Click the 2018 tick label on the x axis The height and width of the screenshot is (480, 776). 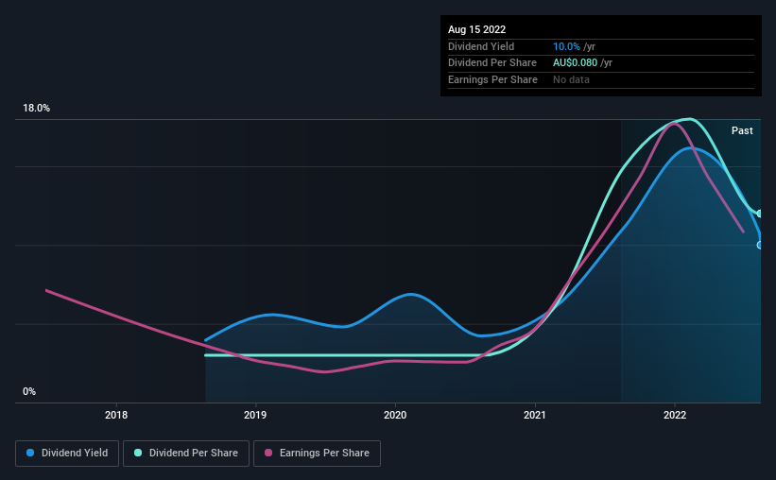(x=116, y=415)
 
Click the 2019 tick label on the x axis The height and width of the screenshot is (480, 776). (x=255, y=415)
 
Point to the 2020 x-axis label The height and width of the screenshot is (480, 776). (x=395, y=415)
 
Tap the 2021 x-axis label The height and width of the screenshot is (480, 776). (x=535, y=415)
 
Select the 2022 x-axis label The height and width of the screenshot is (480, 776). (x=675, y=415)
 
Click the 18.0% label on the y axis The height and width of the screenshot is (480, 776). (x=37, y=109)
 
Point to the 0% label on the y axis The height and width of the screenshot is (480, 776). (x=29, y=391)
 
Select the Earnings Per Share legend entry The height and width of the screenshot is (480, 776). (x=317, y=454)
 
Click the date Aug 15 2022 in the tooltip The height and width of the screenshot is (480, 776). (x=476, y=29)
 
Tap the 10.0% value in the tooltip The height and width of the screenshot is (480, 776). (x=568, y=46)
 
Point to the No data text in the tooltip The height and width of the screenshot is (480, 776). (x=571, y=80)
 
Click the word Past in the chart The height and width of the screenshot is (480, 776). (x=742, y=130)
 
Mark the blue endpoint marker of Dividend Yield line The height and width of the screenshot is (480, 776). (x=760, y=245)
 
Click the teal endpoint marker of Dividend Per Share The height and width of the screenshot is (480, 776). (x=760, y=214)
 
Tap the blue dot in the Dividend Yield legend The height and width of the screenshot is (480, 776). (x=29, y=454)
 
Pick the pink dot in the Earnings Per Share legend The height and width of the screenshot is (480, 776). (x=267, y=454)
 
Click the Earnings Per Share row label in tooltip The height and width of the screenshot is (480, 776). (x=492, y=80)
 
